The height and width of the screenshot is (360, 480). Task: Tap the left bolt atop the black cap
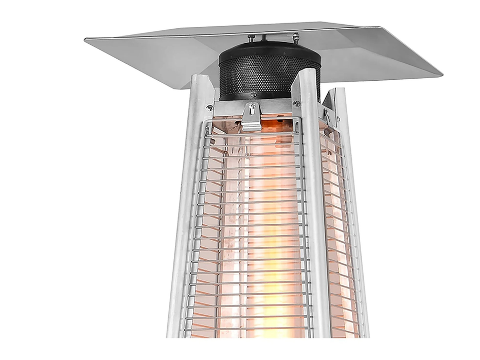coord(251,38)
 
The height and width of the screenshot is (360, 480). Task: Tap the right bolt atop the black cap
coord(295,37)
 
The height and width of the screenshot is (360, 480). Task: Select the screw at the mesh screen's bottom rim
coord(253,95)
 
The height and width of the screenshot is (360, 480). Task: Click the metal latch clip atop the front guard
coord(251,116)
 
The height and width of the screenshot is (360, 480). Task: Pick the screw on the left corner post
coord(209,107)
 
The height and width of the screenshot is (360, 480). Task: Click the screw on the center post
coord(297,103)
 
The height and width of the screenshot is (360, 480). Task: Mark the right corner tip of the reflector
coord(440,75)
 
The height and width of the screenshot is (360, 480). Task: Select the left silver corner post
coord(188,206)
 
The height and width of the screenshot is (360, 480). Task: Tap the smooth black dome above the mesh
coord(268,49)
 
